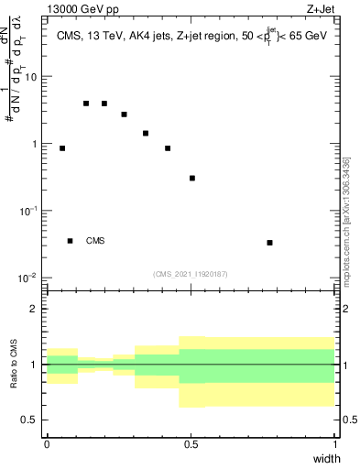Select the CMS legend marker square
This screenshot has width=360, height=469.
[71, 241]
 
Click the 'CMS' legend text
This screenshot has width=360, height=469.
[95, 242]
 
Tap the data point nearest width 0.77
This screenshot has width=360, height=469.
[269, 243]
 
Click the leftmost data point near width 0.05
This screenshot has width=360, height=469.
[62, 148]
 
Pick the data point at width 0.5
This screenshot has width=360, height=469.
[192, 178]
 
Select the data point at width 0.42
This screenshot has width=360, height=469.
[168, 148]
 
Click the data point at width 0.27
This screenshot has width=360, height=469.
[124, 115]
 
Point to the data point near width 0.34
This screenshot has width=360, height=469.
[146, 134]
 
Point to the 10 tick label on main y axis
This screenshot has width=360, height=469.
[30, 77]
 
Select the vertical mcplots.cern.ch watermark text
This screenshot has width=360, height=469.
[345, 220]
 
